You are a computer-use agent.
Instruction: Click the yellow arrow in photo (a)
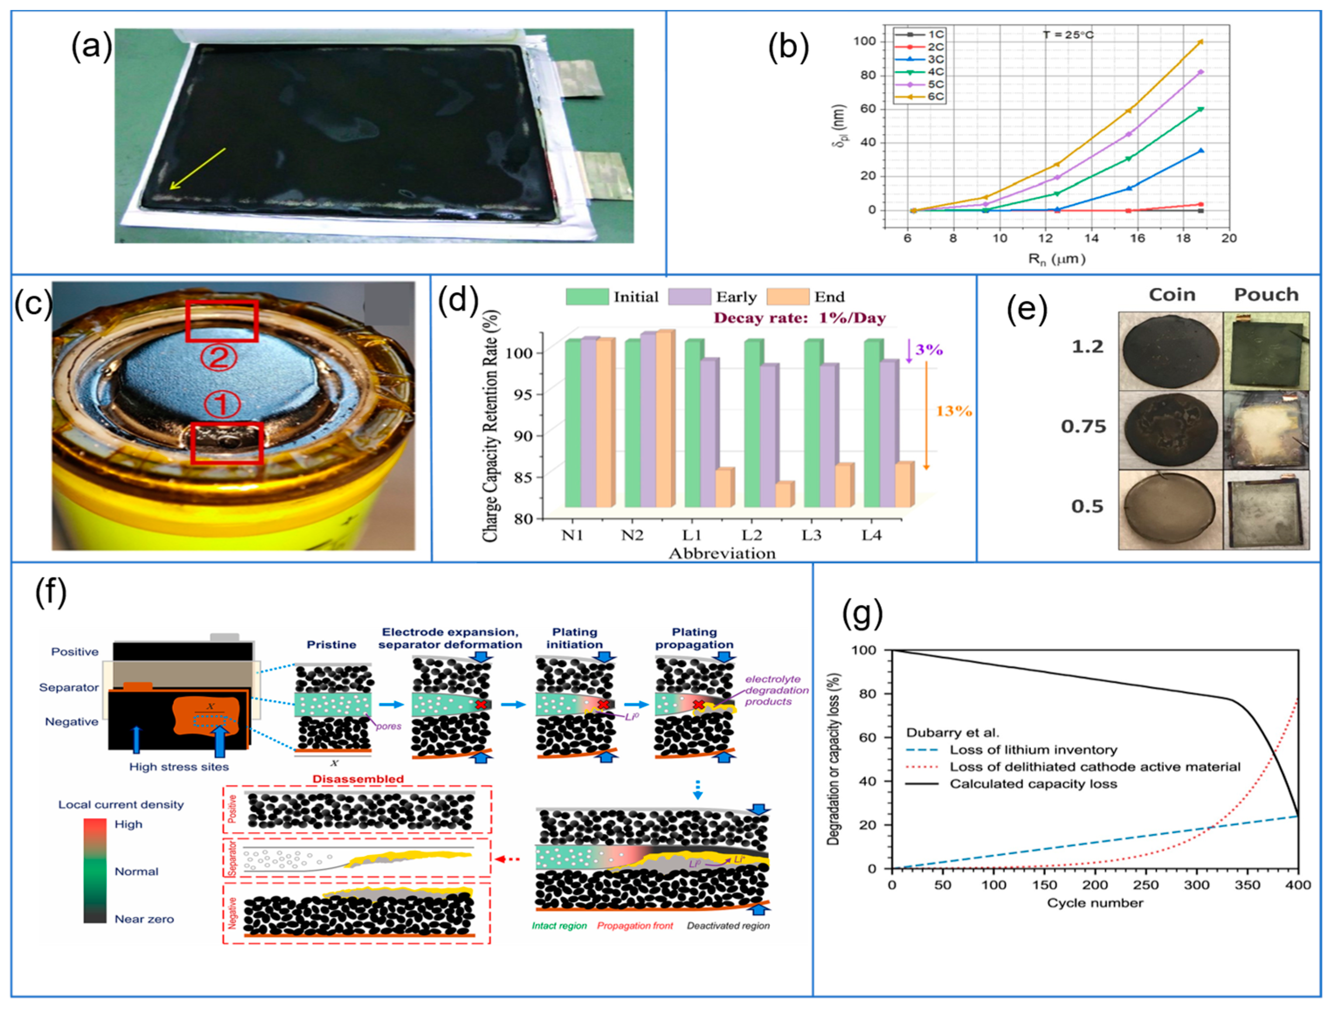coord(197,169)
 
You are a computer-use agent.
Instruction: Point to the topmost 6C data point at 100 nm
coord(1201,41)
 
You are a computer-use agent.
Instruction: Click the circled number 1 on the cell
coord(222,404)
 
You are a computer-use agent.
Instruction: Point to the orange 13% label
coord(953,411)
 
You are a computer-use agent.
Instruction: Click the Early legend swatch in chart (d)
coord(689,297)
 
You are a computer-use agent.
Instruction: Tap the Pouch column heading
coord(1266,294)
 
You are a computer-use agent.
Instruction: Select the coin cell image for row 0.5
coord(1171,509)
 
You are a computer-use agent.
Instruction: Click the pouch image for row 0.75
coord(1266,429)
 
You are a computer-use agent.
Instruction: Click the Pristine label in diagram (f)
coord(331,645)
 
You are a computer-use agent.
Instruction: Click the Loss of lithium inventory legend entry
coord(1033,750)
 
